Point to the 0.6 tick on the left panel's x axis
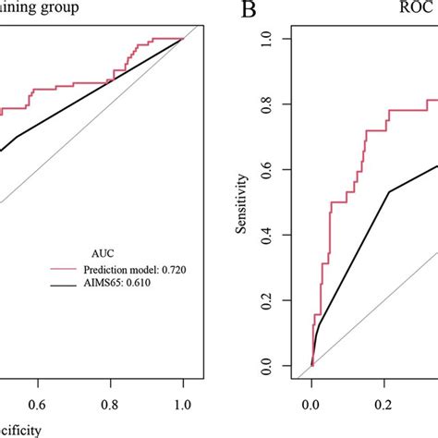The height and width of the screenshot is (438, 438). click(x=37, y=404)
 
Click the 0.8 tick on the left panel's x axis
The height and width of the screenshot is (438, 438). click(x=110, y=404)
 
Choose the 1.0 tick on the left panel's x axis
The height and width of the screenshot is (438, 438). click(x=183, y=404)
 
